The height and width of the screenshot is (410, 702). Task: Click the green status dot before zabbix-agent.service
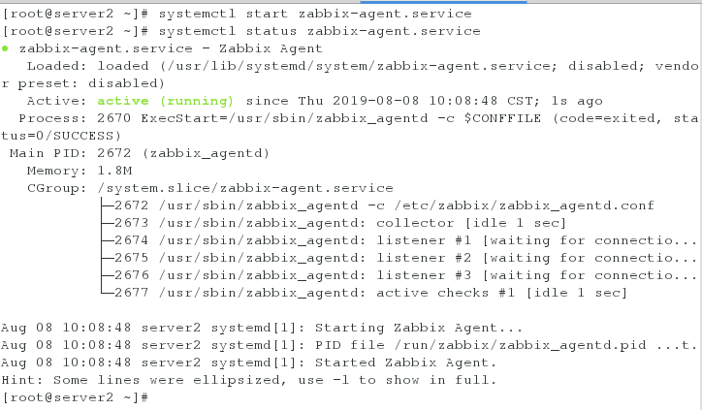coord(6,47)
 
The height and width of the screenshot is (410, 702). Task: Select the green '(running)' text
coord(197,100)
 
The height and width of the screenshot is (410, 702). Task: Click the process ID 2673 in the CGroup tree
coord(130,223)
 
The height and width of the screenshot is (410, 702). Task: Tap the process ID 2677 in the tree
coord(130,293)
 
